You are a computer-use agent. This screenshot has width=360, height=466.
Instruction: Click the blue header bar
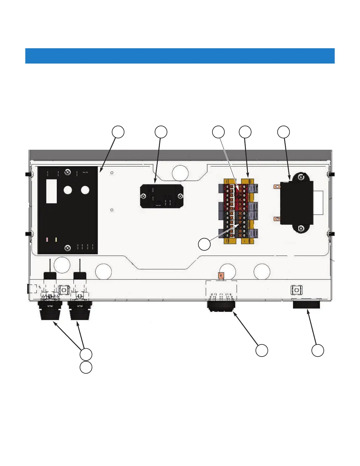(x=180, y=56)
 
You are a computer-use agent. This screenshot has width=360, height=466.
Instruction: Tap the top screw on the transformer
(x=301, y=177)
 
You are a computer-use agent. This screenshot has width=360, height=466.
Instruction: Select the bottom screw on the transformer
(x=301, y=228)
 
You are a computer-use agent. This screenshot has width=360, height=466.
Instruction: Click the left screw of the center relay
(x=143, y=196)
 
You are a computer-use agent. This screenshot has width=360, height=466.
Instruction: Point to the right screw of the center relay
(x=180, y=196)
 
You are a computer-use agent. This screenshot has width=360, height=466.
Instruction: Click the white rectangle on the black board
(x=51, y=191)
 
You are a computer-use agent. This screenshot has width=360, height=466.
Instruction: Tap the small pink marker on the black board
(x=47, y=240)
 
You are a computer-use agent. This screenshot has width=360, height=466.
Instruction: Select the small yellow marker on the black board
(x=56, y=240)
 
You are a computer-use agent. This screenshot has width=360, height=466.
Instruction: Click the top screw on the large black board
(x=68, y=172)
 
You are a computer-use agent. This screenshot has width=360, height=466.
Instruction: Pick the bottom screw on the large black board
(x=68, y=248)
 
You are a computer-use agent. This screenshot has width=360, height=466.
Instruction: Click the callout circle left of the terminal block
(x=204, y=244)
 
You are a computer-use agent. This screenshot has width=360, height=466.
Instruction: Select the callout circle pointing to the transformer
(x=284, y=132)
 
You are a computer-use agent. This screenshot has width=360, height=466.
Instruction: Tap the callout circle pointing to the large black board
(x=118, y=132)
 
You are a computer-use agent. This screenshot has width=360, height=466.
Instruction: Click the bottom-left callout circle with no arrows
(x=86, y=367)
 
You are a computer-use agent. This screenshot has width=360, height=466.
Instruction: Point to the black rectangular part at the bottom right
(x=306, y=304)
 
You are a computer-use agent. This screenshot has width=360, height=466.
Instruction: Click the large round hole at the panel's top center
(x=180, y=173)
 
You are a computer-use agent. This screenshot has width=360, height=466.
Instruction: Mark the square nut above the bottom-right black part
(x=296, y=290)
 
